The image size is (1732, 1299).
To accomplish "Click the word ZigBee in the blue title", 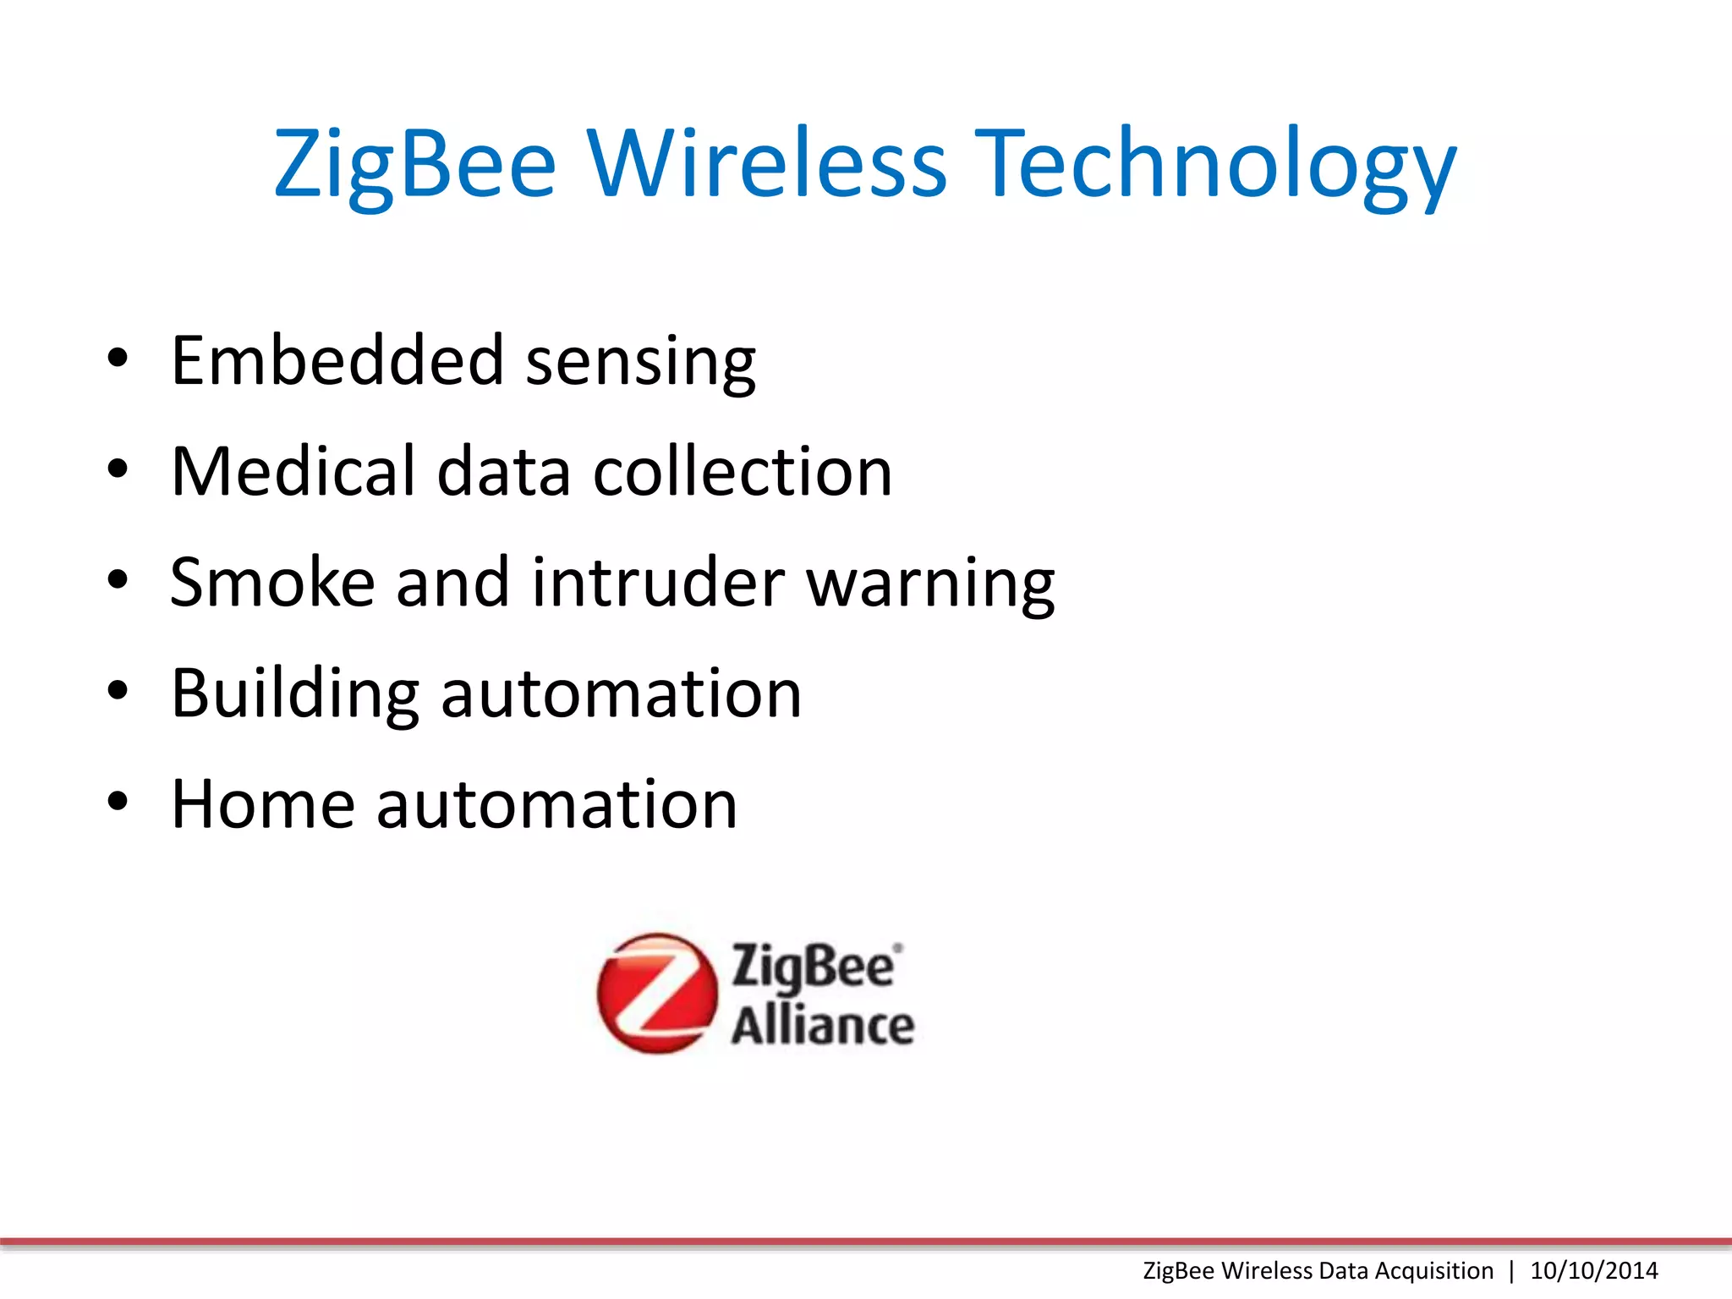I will click(x=414, y=164).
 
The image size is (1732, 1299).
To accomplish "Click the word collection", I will click(x=742, y=471).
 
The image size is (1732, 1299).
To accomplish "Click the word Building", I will click(x=295, y=694).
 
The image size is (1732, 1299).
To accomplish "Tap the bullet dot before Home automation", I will click(x=118, y=802).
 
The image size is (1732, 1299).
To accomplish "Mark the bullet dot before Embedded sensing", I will click(x=118, y=359).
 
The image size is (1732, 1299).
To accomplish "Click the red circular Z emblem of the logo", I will click(x=656, y=993).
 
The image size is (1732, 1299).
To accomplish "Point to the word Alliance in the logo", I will click(x=822, y=1026).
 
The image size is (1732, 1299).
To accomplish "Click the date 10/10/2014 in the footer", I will click(x=1593, y=1270).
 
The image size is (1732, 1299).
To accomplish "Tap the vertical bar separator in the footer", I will click(x=1511, y=1270).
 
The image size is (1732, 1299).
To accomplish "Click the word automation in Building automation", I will click(x=621, y=694).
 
